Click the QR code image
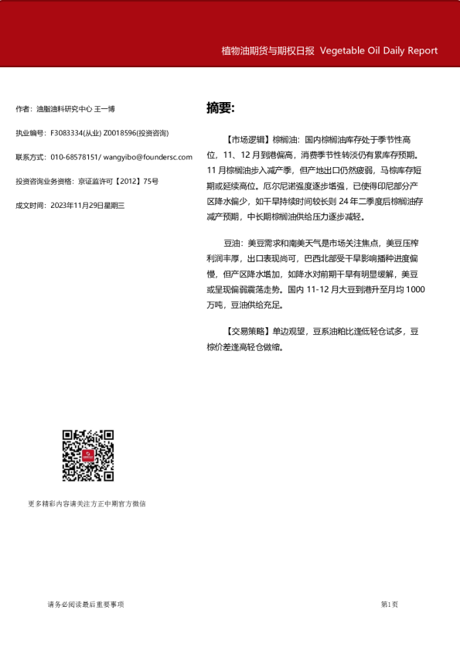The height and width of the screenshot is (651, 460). coord(88,455)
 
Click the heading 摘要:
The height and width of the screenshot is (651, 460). coord(220,107)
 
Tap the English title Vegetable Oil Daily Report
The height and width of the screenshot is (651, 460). coord(379,51)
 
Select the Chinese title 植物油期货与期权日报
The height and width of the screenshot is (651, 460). coord(267,51)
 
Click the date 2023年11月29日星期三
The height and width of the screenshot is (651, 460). coord(87,206)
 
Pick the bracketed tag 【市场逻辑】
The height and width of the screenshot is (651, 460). coord(247,140)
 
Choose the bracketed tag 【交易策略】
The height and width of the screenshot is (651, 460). coord(247,332)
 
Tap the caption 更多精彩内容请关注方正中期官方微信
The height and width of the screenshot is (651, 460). coord(87,504)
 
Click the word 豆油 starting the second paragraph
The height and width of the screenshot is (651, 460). coord(232,243)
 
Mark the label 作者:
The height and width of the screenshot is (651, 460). coord(24,110)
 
